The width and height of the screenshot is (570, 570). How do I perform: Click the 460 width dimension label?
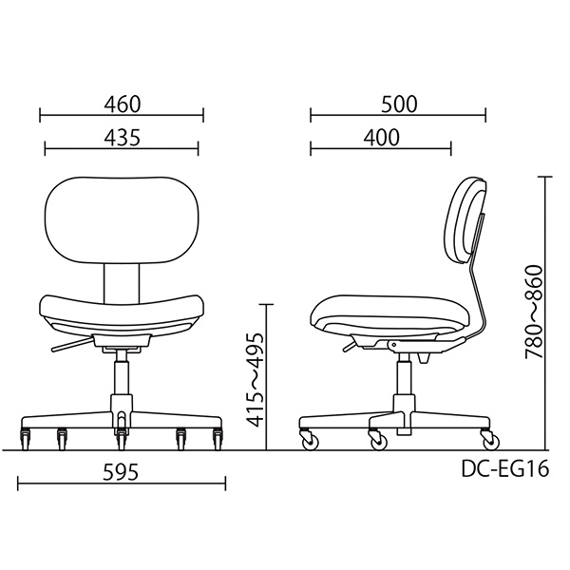coord(122,104)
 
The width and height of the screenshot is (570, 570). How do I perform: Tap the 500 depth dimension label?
coord(398,104)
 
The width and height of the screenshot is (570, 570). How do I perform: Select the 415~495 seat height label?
coord(252,377)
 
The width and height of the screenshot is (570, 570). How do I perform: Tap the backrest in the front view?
coord(122,220)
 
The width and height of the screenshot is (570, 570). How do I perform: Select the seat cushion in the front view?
coord(122,313)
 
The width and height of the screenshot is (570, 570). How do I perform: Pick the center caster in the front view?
coord(121,440)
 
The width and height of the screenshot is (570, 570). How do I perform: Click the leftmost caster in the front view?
coord(26,438)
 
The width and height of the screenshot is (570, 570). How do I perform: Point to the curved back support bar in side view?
coord(483,285)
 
